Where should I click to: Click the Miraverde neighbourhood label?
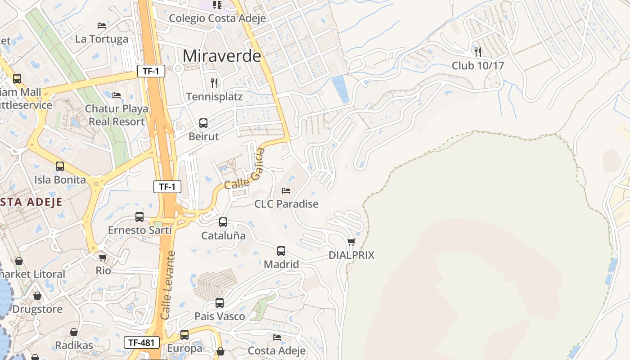pyautogui.click(x=222, y=56)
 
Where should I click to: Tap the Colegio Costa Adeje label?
pyautogui.click(x=217, y=18)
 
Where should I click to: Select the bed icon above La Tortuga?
pyautogui.click(x=102, y=26)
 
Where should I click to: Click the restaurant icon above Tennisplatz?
pyautogui.click(x=214, y=83)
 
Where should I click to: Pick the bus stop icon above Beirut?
pyautogui.click(x=203, y=123)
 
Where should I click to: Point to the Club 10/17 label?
pyautogui.click(x=478, y=66)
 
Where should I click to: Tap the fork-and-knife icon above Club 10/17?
pyautogui.click(x=478, y=52)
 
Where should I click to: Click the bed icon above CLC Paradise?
pyautogui.click(x=286, y=190)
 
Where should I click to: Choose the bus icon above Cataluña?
pyautogui.click(x=223, y=222)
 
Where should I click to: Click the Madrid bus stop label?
pyautogui.click(x=281, y=264)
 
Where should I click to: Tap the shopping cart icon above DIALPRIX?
pyautogui.click(x=351, y=242)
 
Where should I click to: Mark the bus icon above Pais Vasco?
pyautogui.click(x=220, y=302)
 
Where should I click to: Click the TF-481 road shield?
pyautogui.click(x=142, y=342)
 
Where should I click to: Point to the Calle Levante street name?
pyautogui.click(x=167, y=285)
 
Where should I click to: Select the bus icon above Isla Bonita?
pyautogui.click(x=60, y=166)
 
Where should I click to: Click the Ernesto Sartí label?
pyautogui.click(x=140, y=230)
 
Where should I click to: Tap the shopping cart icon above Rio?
pyautogui.click(x=103, y=257)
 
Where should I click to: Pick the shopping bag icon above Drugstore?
pyautogui.click(x=37, y=296)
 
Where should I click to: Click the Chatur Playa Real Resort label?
pyautogui.click(x=117, y=115)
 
